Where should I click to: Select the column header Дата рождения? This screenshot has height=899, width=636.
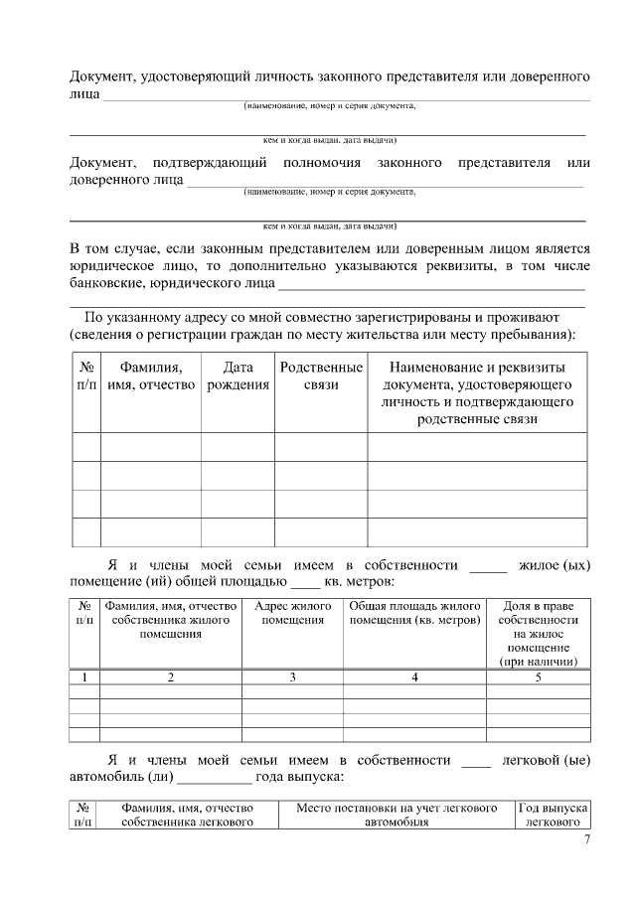[x=238, y=376]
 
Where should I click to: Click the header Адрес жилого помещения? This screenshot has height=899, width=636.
[x=292, y=613]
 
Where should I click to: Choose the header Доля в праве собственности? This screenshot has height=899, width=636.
[x=537, y=633]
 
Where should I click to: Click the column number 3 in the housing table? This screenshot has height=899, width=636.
[x=292, y=677]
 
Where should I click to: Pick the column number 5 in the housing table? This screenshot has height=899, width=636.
[x=537, y=677]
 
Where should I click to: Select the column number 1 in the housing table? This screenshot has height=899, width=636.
[x=84, y=677]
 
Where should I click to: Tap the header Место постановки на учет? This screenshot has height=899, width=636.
[x=397, y=816]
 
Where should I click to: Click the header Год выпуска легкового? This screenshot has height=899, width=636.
[x=553, y=816]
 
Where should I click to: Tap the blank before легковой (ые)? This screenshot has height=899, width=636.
[x=477, y=763]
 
